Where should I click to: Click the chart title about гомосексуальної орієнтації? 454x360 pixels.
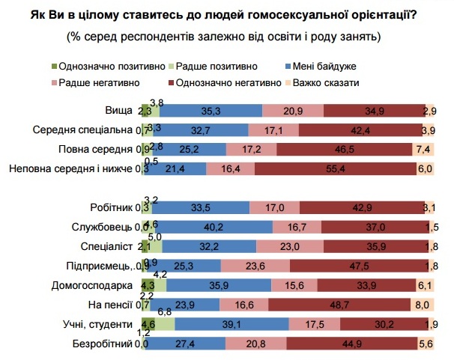click(226, 13)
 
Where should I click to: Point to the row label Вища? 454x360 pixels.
click(120, 111)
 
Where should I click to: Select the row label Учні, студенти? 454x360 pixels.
click(99, 324)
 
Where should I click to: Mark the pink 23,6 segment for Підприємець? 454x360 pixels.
click(255, 266)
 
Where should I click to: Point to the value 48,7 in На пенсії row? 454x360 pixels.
click(339, 305)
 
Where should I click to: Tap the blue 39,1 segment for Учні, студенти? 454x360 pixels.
click(232, 324)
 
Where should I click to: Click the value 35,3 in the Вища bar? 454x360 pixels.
click(211, 111)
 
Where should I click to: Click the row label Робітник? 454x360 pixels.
click(113, 207)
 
